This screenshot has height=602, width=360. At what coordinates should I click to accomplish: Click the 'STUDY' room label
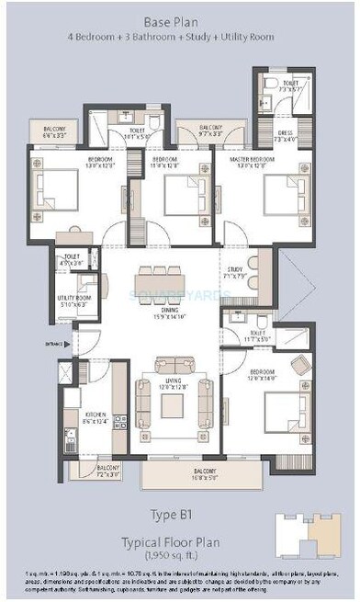[231, 270]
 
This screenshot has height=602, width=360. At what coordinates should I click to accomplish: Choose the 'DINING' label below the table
[163, 309]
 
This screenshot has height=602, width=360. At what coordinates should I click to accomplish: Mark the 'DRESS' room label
[285, 132]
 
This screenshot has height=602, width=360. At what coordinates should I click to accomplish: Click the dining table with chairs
[163, 280]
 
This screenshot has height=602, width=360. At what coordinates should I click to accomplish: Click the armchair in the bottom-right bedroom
[302, 365]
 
